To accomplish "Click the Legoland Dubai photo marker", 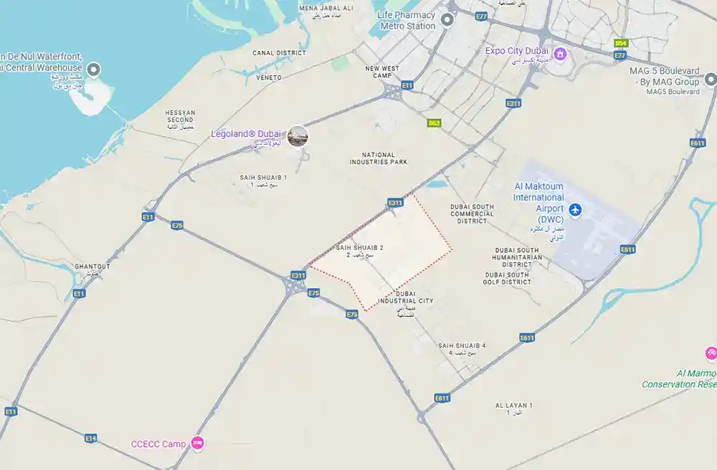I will (x=298, y=135).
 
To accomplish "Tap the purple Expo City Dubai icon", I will (x=561, y=54).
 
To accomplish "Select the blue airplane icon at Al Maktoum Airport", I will (x=575, y=210).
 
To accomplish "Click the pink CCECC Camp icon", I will (x=199, y=443).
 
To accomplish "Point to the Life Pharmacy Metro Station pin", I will (x=447, y=20).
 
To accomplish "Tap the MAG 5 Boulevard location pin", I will (x=711, y=79).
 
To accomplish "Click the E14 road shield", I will (x=90, y=438).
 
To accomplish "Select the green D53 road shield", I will (x=434, y=123).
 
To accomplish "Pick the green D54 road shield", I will (x=621, y=44).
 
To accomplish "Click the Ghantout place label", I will (x=92, y=269).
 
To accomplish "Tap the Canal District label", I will (x=279, y=53).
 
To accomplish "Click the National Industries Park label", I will (x=379, y=158).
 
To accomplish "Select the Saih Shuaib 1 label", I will (x=263, y=180).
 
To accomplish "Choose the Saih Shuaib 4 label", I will (x=462, y=348).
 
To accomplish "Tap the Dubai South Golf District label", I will (x=508, y=278).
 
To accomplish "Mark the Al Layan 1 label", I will (x=513, y=408).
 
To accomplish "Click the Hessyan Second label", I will (x=180, y=119).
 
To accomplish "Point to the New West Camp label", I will (x=381, y=72).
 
